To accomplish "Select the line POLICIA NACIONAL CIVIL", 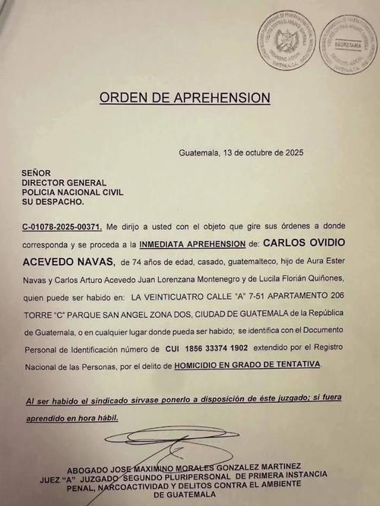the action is click(72, 193).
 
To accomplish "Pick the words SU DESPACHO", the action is click(53, 203).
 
